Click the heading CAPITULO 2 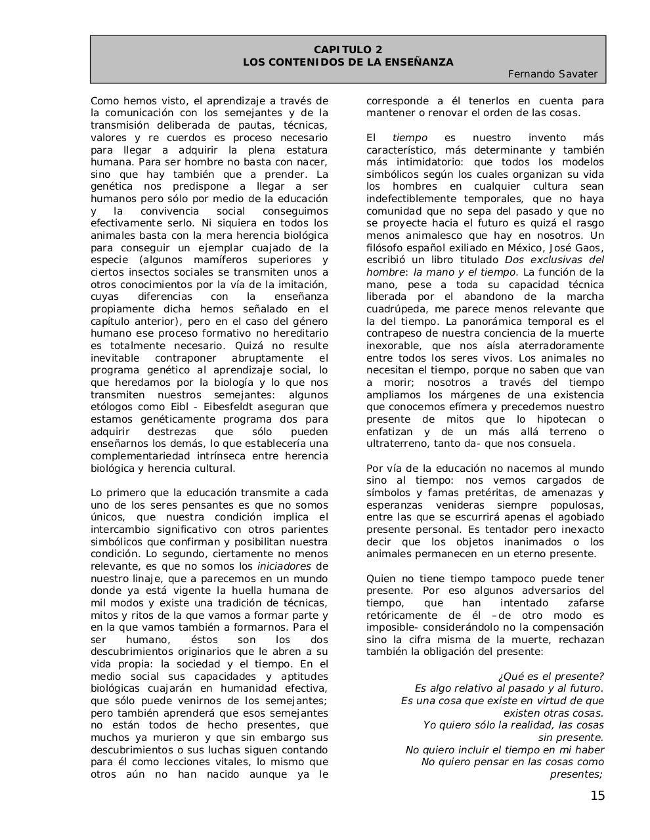point(348,50)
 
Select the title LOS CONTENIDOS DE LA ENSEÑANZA point(348,62)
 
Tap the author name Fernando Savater point(553,74)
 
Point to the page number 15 point(597,796)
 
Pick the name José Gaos point(578,247)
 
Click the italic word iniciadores point(284,566)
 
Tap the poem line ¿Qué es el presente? point(551,677)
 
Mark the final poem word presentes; point(576,774)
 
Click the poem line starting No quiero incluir point(504,750)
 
